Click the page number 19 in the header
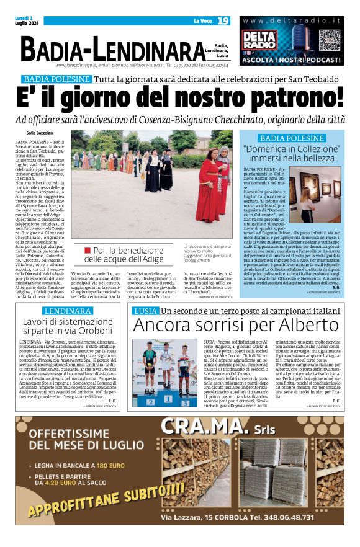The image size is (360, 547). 223,20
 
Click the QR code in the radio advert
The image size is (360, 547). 328,40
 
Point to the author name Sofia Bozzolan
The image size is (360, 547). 40,133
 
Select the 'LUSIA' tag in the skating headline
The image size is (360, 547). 145,311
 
